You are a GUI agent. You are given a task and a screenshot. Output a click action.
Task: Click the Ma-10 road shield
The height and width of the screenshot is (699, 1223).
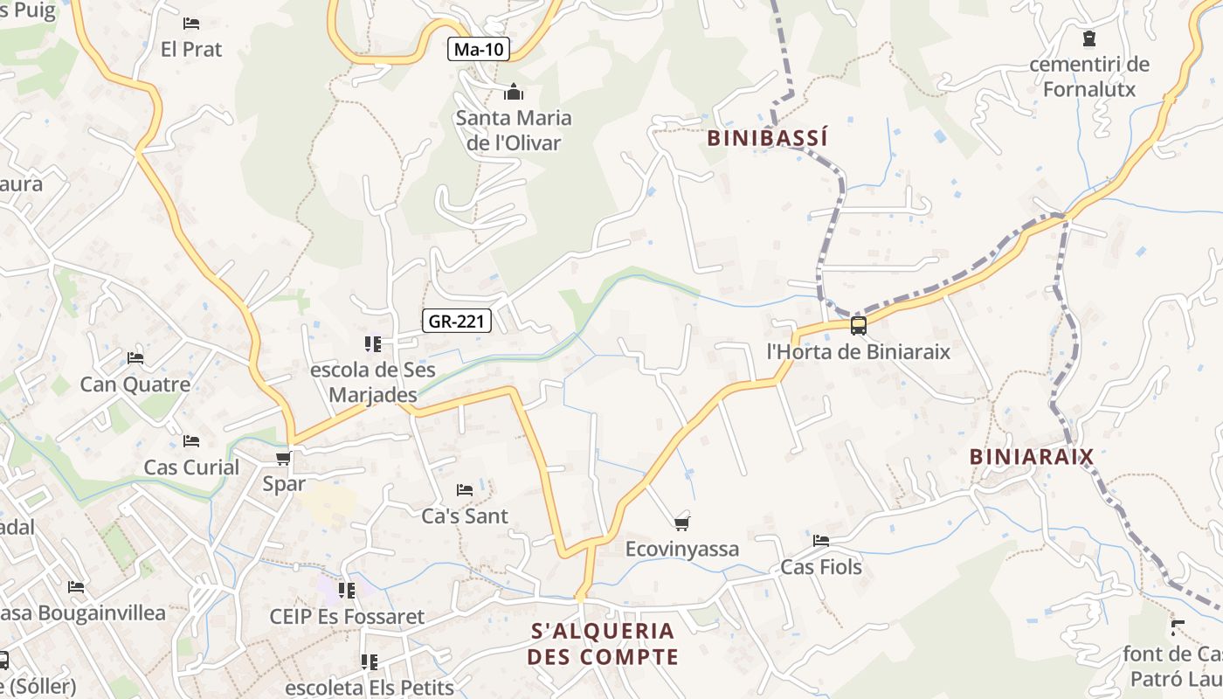tap(480, 49)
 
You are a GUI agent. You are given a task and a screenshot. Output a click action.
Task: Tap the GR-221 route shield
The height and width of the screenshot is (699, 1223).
tap(457, 321)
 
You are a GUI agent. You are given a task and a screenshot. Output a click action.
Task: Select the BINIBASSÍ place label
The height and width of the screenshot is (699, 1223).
tap(766, 138)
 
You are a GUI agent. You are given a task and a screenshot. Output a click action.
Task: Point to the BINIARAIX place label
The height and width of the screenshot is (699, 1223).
tap(1031, 456)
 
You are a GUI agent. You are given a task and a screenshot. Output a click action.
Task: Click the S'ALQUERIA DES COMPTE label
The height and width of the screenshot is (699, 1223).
tap(603, 643)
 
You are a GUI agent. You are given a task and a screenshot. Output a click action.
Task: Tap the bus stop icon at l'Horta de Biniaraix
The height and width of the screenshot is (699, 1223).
tap(858, 326)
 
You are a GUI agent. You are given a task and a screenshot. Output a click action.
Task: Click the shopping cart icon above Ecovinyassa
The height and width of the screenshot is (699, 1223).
tap(682, 523)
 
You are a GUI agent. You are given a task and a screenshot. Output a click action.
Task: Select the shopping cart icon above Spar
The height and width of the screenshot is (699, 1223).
tap(282, 458)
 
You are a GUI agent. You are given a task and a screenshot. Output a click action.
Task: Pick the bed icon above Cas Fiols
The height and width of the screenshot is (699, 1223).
tap(820, 540)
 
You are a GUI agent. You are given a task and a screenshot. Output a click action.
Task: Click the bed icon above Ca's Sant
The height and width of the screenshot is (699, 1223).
tap(465, 489)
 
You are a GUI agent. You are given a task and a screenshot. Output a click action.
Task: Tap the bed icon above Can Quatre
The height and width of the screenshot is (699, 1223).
tap(135, 357)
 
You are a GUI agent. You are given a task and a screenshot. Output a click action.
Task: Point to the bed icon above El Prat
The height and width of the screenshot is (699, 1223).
tap(191, 23)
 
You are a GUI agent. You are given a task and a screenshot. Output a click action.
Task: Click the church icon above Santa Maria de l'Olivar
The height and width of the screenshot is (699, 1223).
tap(514, 92)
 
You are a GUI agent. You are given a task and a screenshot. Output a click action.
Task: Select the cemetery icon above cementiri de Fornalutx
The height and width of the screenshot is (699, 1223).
tap(1088, 38)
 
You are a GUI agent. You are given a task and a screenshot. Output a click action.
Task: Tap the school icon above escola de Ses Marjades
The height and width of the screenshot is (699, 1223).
tap(373, 344)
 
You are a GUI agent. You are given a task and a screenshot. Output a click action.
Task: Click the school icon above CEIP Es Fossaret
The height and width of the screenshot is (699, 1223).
tap(347, 590)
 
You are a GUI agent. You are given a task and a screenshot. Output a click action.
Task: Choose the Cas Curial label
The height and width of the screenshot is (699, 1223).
tap(191, 467)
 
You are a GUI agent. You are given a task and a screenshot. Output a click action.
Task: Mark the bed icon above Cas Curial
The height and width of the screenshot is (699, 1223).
tap(191, 440)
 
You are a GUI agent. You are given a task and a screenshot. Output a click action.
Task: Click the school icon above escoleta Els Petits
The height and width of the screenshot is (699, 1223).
tap(369, 661)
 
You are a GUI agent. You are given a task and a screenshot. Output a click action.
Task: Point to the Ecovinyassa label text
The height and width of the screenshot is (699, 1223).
tap(682, 549)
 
